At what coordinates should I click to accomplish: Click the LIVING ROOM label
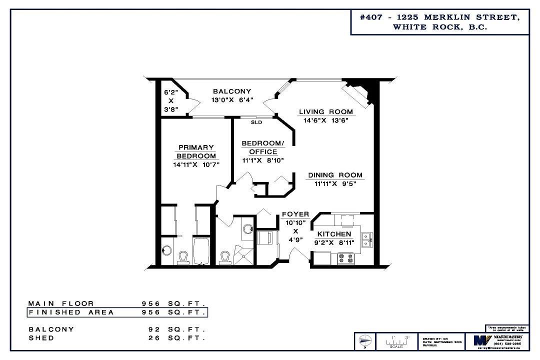click(325, 111)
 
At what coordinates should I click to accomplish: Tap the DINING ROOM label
click(335, 175)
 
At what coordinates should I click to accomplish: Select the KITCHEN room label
click(333, 234)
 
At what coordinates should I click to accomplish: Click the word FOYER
click(295, 214)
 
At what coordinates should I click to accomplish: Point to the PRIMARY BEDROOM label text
click(196, 151)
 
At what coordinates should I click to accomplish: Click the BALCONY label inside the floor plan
click(231, 91)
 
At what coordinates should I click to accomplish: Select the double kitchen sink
click(366, 239)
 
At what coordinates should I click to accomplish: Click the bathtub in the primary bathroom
click(202, 252)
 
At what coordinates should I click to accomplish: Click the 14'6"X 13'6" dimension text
click(325, 120)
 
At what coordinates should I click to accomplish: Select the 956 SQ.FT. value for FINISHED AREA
click(173, 312)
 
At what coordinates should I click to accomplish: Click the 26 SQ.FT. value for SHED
click(173, 338)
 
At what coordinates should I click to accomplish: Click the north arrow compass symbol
click(365, 341)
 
